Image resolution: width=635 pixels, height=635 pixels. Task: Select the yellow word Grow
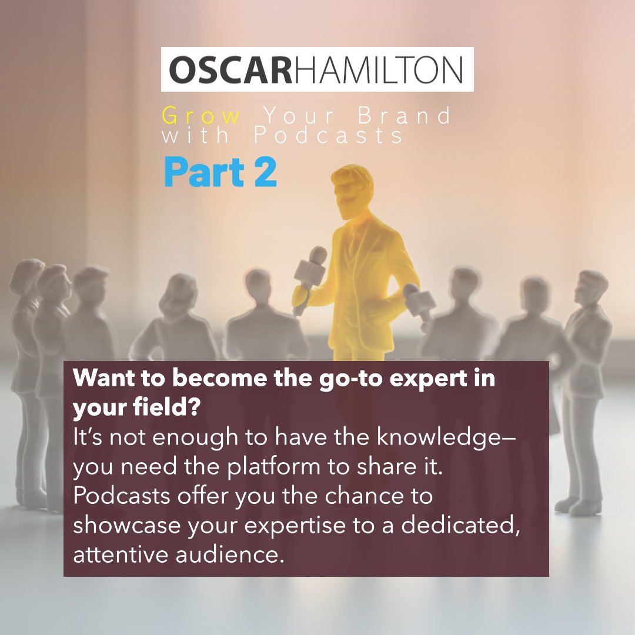click(x=201, y=115)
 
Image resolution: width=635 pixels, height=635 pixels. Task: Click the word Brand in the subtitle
click(x=404, y=115)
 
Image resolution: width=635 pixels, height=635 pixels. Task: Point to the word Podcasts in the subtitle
click(x=329, y=136)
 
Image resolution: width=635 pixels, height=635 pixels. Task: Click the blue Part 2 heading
click(x=220, y=172)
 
